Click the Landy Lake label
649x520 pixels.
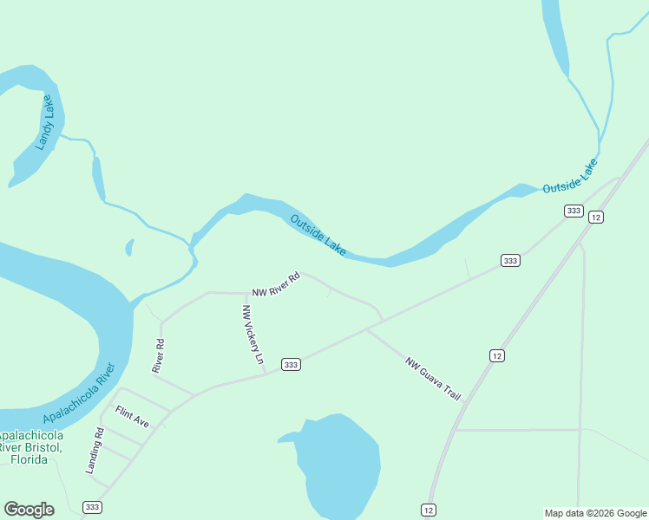[45, 123]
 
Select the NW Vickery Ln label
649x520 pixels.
[252, 339]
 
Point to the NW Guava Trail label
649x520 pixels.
[432, 379]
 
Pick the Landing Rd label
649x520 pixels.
[95, 451]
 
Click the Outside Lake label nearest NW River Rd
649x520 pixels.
[318, 235]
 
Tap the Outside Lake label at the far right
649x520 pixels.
[570, 177]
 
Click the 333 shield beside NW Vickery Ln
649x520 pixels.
[291, 365]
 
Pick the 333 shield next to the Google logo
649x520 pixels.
[92, 506]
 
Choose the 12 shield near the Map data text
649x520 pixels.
[429, 510]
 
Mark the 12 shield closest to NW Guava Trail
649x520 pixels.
[496, 355]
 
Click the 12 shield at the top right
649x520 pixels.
[595, 217]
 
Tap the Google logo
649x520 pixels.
[29, 510]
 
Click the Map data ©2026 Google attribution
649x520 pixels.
[595, 513]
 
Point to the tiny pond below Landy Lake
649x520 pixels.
[130, 247]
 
